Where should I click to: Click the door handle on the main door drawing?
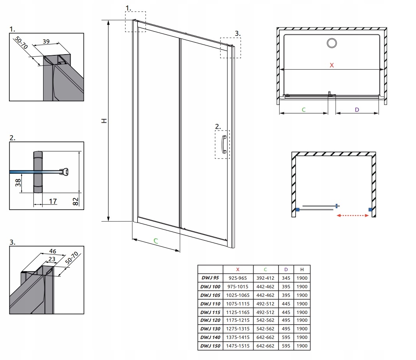pos(224,145)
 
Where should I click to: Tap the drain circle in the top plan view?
pos(332,43)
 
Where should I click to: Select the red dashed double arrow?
pos(353,215)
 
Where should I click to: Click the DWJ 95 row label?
pos(210,278)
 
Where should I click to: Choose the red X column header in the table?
pos(238,270)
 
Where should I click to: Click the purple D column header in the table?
pos(286,270)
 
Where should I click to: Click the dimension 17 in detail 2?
pos(53,201)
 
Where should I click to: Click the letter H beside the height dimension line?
pos(104,121)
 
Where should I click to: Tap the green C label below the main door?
pos(155,241)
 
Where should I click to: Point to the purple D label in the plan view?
pos(357,109)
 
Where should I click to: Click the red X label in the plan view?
pos(331,65)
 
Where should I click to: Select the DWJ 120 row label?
pos(210,320)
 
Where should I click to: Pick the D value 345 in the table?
pos(286,278)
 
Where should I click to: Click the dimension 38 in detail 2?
pos(18,183)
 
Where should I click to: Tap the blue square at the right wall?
pos(369,210)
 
